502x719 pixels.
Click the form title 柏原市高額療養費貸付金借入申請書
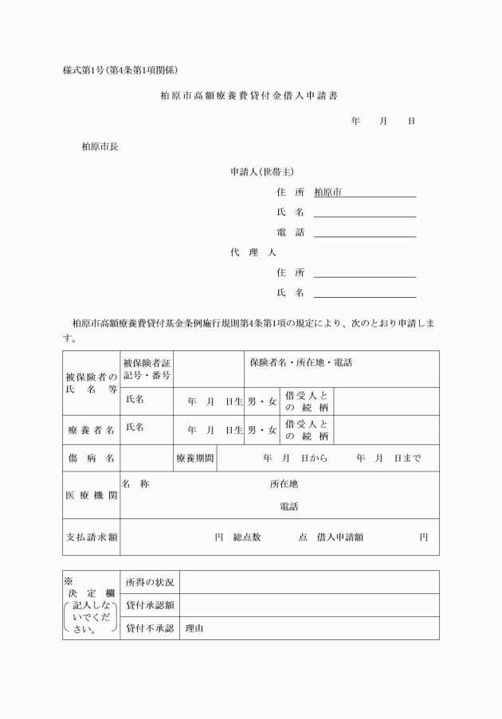(249, 96)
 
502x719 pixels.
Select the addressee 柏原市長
(100, 147)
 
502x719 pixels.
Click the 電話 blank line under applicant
(365, 233)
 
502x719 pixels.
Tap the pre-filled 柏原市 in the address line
(327, 192)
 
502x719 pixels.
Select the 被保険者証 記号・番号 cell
(147, 369)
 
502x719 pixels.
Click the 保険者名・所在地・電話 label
(300, 363)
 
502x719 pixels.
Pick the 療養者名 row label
(91, 430)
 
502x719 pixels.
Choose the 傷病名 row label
(91, 458)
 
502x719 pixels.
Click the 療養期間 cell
(194, 458)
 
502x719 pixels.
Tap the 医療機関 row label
(91, 494)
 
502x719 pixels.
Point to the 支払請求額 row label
(91, 537)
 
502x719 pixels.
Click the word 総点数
(247, 537)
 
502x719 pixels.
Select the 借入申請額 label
(339, 537)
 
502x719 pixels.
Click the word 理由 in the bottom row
(194, 628)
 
